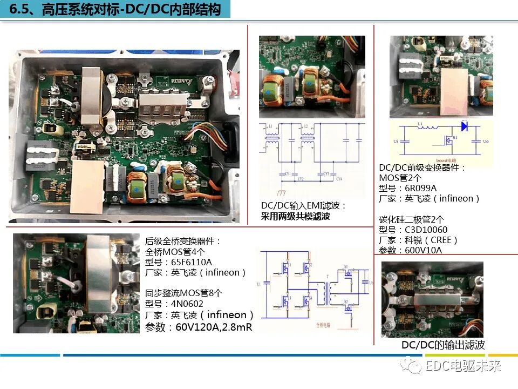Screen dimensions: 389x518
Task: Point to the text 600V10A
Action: (424, 250)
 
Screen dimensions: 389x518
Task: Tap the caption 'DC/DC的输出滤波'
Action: (443, 345)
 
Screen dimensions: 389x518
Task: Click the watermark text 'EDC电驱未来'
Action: (464, 366)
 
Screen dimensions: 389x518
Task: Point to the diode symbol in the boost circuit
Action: (464, 126)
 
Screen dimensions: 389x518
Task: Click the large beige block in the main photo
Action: (87, 187)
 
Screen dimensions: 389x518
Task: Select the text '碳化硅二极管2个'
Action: (412, 219)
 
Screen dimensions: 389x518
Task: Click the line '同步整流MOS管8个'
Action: (183, 293)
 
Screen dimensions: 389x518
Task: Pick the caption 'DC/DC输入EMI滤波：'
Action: (303, 206)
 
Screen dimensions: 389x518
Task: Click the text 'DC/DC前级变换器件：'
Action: (422, 167)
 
